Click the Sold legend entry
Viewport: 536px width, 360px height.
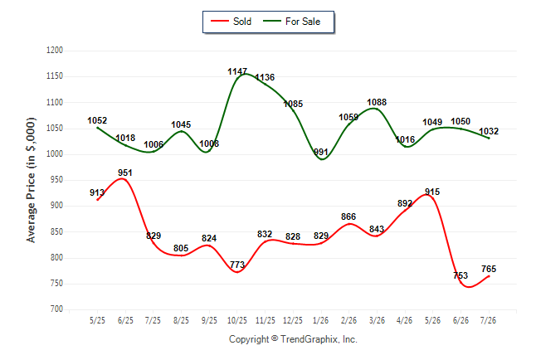click(x=231, y=22)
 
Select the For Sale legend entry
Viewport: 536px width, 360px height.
click(x=291, y=22)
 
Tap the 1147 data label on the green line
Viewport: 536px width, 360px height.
click(x=237, y=71)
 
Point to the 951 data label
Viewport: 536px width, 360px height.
click(x=125, y=173)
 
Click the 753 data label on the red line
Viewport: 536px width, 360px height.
click(x=460, y=275)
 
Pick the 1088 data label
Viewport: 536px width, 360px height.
click(x=377, y=102)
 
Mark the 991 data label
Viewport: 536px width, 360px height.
click(x=321, y=152)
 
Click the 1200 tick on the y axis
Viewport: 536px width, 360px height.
click(x=55, y=51)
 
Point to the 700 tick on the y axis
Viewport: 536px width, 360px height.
click(x=56, y=309)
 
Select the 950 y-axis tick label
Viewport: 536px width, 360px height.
click(x=56, y=180)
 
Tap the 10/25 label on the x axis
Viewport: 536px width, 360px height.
click(x=237, y=320)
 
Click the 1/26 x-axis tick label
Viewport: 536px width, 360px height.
click(x=321, y=320)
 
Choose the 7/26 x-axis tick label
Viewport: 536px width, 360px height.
click(x=488, y=320)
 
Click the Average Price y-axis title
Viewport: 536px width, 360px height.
click(x=31, y=180)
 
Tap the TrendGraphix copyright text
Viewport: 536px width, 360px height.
click(x=293, y=339)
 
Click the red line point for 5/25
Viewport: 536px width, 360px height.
click(x=97, y=200)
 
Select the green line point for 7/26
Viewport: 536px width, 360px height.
click(x=489, y=139)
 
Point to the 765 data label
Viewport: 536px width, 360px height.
click(x=489, y=269)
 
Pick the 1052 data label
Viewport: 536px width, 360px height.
click(x=97, y=120)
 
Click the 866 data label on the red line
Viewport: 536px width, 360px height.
click(x=348, y=216)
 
